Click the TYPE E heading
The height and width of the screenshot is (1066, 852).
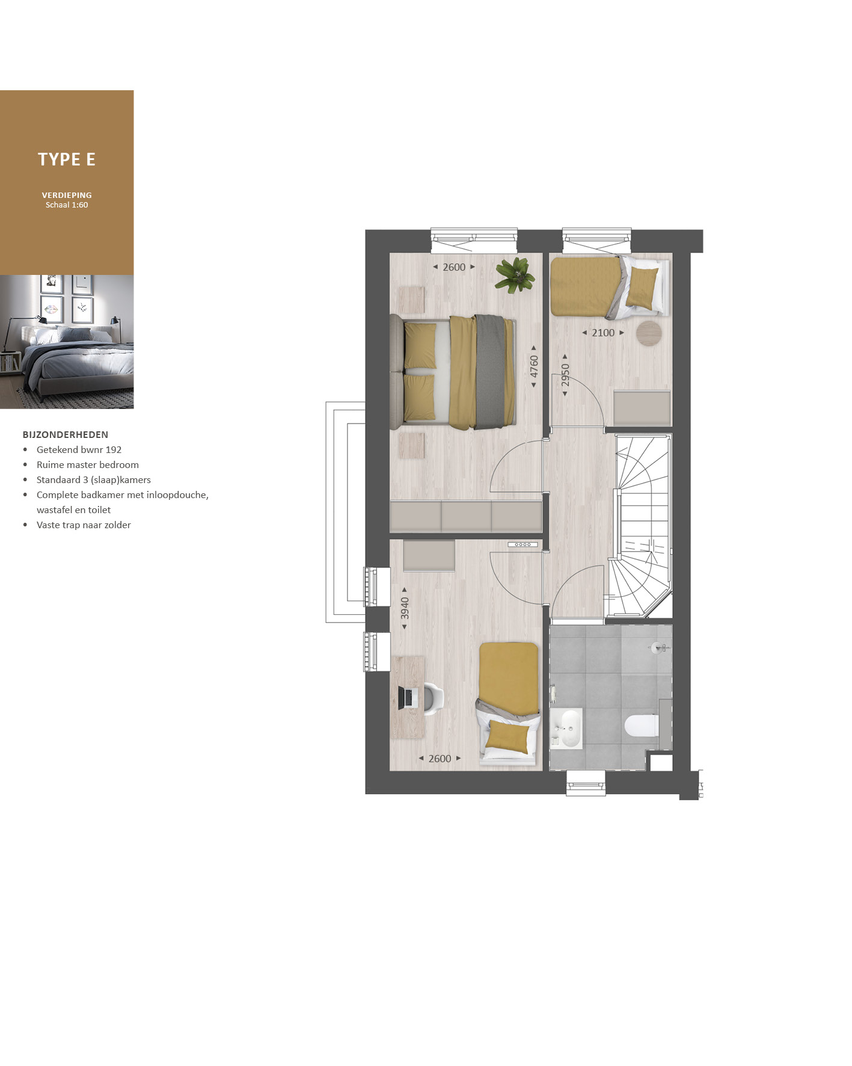click(x=67, y=159)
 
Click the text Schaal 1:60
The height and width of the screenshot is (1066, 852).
click(x=67, y=205)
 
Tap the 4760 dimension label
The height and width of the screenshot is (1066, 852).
click(x=534, y=366)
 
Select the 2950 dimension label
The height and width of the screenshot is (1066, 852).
click(x=565, y=375)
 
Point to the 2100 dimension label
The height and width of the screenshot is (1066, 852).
click(x=603, y=333)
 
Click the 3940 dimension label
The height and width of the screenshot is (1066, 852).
click(x=405, y=608)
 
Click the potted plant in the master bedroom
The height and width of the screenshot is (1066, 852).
click(x=515, y=275)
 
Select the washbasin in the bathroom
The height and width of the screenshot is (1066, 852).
click(x=566, y=728)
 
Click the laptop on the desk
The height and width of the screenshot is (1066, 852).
click(x=408, y=697)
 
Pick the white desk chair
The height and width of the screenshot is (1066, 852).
click(x=433, y=698)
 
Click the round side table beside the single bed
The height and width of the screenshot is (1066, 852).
click(x=649, y=333)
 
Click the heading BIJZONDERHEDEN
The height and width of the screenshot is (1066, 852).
click(x=66, y=434)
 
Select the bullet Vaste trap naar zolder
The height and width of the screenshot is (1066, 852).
click(x=84, y=525)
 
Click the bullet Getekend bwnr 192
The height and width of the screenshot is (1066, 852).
click(x=79, y=449)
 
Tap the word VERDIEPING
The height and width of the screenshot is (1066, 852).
click(x=67, y=195)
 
